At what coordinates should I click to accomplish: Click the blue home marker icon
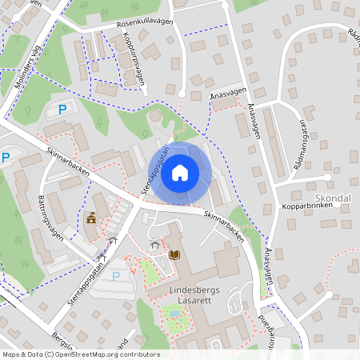point(180,172)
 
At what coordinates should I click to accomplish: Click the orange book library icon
point(175,254)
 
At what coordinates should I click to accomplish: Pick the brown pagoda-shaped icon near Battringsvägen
point(91,217)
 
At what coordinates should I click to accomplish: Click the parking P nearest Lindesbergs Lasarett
point(117,276)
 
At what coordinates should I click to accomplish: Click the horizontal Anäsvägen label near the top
point(227,94)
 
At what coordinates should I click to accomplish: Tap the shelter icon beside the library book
point(154,245)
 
